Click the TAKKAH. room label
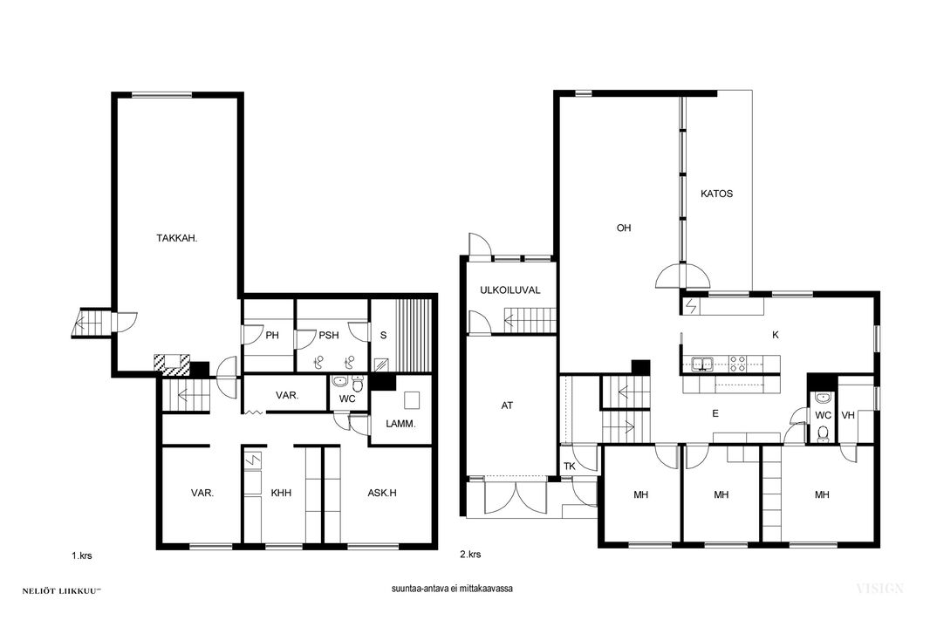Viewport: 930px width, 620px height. [x=177, y=238]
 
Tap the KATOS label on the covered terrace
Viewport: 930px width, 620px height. [x=716, y=194]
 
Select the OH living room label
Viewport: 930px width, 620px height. [x=624, y=228]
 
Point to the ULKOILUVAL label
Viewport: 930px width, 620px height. [x=510, y=290]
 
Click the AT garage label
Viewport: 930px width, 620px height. [x=507, y=406]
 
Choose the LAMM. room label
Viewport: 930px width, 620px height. [x=401, y=425]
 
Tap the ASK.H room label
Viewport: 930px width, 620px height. [x=382, y=493]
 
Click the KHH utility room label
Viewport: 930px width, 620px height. [x=281, y=493]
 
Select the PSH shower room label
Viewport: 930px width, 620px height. [x=329, y=336]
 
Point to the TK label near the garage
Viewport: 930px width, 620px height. [x=570, y=467]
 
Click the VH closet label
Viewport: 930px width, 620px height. [x=848, y=415]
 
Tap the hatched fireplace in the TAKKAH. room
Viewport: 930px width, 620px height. [x=172, y=364]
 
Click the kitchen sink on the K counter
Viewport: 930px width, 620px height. [x=702, y=364]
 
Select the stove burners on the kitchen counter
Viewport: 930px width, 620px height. [x=738, y=364]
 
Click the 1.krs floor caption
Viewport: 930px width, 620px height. [x=82, y=556]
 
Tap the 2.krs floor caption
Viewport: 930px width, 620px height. [x=470, y=555]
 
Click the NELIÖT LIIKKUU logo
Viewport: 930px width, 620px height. [x=62, y=591]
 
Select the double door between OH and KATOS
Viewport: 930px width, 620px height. [x=683, y=276]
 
